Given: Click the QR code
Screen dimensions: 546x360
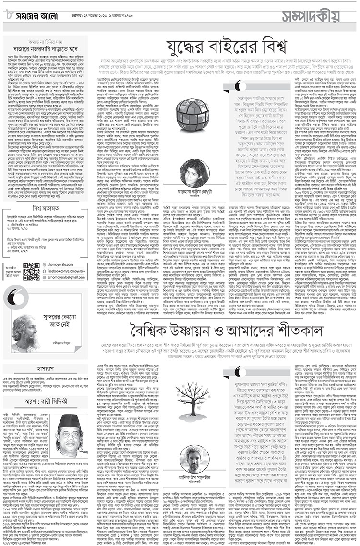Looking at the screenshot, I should point(31,271).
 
